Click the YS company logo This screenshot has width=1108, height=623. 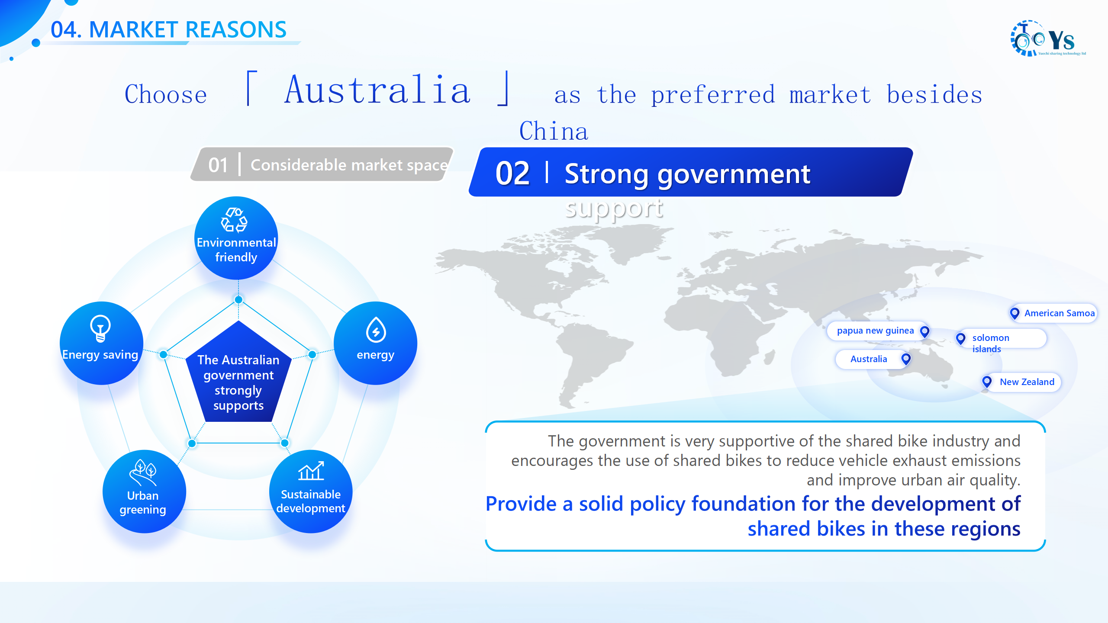[1048, 39]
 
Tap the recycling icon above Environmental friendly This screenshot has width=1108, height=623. [234, 220]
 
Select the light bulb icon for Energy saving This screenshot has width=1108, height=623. [100, 328]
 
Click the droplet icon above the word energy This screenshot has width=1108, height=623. [376, 330]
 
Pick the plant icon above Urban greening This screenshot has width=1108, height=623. [143, 473]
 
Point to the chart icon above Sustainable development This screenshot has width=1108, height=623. [311, 471]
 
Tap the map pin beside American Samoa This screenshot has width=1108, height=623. [1015, 313]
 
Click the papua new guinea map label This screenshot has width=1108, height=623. [875, 331]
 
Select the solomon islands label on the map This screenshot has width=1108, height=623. [991, 343]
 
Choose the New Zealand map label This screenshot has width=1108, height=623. [1027, 382]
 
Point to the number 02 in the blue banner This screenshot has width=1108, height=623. [512, 173]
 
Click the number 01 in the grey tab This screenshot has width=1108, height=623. [218, 165]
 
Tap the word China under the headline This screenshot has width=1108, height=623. [554, 131]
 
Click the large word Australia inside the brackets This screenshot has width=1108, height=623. [377, 90]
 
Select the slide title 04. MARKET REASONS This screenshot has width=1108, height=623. [168, 30]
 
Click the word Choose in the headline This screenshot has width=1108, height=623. [166, 94]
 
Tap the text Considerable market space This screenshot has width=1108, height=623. [349, 165]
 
